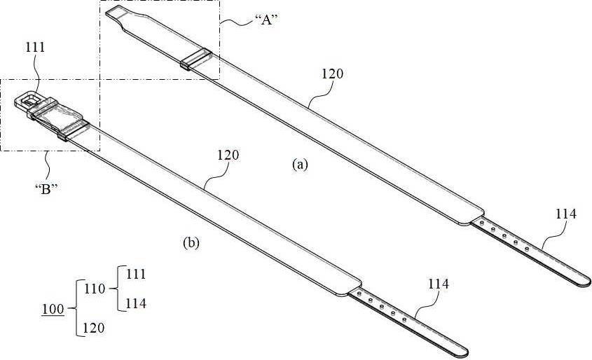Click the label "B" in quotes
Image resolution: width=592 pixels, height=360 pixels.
[x=46, y=189]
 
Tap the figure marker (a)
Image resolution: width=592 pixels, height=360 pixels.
[x=301, y=165]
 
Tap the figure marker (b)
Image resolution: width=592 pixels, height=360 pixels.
[x=191, y=242]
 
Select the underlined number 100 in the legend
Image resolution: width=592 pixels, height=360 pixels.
[x=53, y=310]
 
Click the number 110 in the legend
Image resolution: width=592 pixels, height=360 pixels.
[x=95, y=289]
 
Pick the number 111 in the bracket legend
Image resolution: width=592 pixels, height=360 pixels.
[x=136, y=274]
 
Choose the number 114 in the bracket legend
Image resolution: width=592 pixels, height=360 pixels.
[x=136, y=303]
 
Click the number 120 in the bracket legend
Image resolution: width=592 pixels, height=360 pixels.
[x=94, y=328]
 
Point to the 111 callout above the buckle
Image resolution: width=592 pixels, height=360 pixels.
[x=35, y=47]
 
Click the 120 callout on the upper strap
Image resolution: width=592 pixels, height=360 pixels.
[x=333, y=74]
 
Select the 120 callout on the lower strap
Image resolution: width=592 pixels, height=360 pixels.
[x=228, y=155]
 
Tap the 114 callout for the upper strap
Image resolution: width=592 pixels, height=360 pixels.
[x=566, y=214]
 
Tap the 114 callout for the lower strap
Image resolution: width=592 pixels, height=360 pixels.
[x=439, y=284]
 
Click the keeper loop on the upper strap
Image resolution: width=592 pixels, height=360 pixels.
[x=196, y=59]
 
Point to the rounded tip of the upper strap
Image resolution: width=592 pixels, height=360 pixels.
[x=586, y=282]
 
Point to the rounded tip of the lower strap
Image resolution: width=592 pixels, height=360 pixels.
[x=464, y=352]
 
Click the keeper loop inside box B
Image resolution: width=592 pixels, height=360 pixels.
[x=74, y=130]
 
